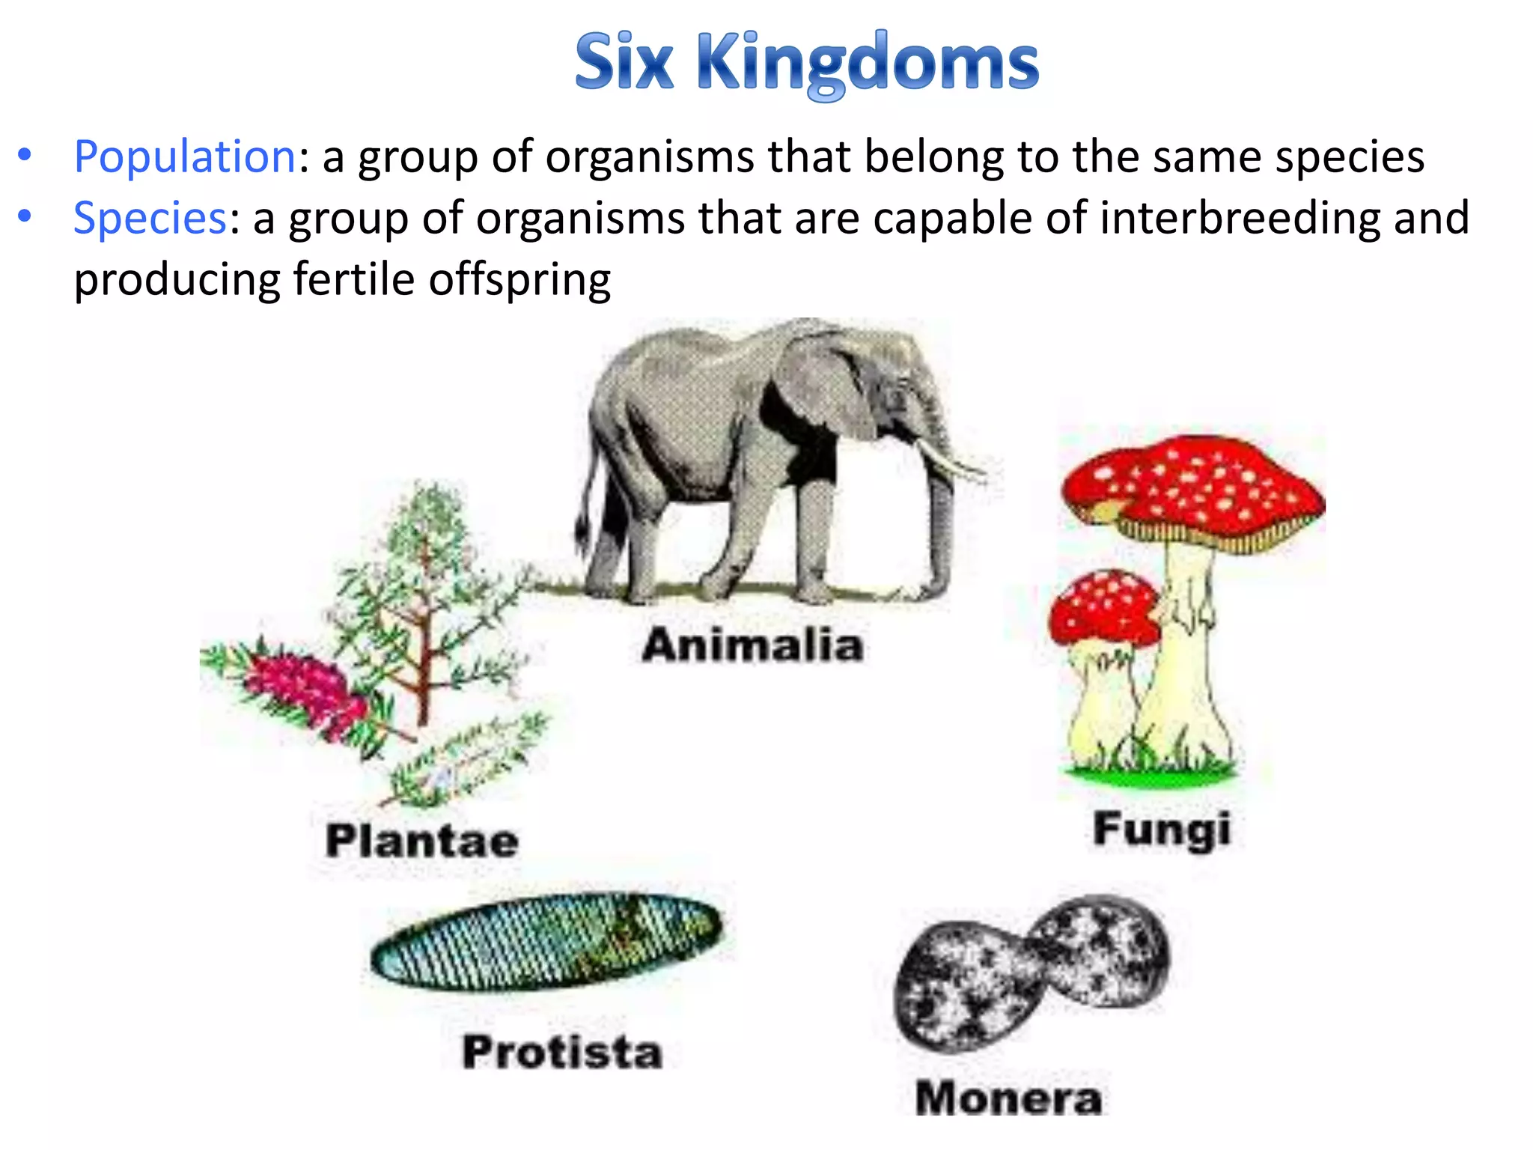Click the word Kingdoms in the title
point(868,63)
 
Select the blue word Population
point(185,157)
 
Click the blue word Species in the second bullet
point(150,219)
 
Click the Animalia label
point(752,645)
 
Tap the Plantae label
point(422,840)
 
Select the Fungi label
point(1162,830)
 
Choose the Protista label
point(562,1051)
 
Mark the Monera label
point(1008,1098)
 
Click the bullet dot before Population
point(25,156)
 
